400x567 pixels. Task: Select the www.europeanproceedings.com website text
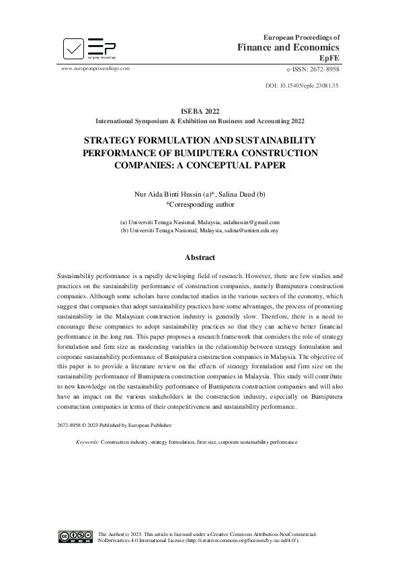coord(95,69)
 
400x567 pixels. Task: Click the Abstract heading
coord(200,257)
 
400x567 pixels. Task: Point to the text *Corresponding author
coord(200,203)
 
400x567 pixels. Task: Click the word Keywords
coord(87,442)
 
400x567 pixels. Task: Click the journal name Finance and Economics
coord(288,47)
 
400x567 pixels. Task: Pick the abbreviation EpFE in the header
coord(329,59)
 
